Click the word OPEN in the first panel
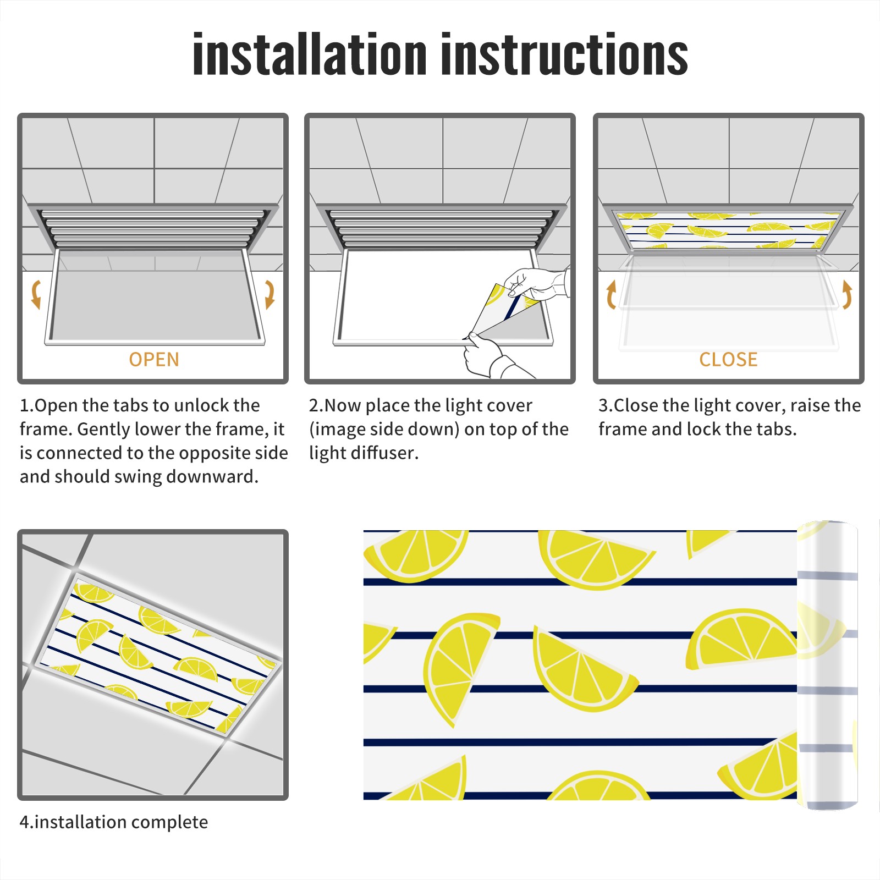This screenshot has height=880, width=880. click(x=154, y=360)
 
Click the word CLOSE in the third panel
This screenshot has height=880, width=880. click(x=728, y=360)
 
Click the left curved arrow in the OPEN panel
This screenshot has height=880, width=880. click(x=36, y=294)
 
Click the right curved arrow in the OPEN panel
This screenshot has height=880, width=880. click(x=269, y=294)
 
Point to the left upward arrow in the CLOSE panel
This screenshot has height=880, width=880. click(x=611, y=294)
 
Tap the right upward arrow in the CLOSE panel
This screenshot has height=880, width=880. click(x=847, y=294)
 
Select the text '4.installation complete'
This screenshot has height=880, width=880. click(x=114, y=822)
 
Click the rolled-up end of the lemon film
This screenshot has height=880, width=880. click(x=827, y=665)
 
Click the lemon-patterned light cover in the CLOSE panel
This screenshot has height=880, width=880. click(x=728, y=229)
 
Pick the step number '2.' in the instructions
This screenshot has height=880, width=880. click(x=316, y=405)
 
